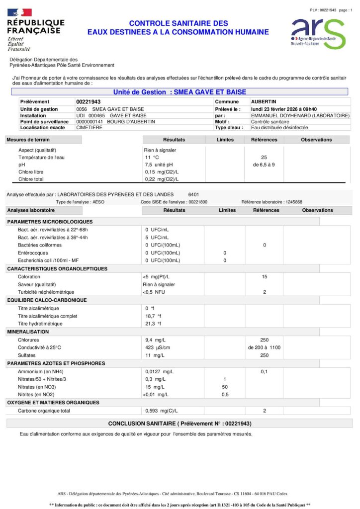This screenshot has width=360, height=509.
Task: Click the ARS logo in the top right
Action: [x=317, y=33]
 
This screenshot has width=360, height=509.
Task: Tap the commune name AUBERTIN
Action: [x=264, y=102]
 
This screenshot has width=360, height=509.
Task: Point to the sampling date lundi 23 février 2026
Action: [x=284, y=109]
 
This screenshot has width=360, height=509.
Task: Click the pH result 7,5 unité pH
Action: [x=159, y=165]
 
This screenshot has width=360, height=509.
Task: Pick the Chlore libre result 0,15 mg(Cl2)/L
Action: [x=162, y=172]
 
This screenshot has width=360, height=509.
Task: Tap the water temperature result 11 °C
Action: [x=151, y=157]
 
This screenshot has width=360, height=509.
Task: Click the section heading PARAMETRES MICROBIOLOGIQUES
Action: [x=50, y=222]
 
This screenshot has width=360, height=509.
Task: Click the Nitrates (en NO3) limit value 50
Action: [x=224, y=387]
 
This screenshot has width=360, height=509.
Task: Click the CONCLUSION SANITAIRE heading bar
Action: [x=180, y=424]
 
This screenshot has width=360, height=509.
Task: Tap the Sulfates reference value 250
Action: [x=264, y=355]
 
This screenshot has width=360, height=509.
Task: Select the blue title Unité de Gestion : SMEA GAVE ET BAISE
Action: [x=180, y=92]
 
